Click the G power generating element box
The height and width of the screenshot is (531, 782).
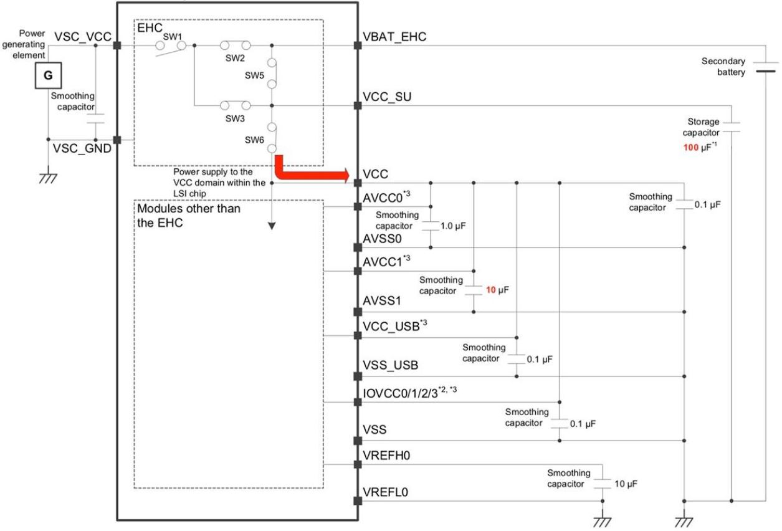49,77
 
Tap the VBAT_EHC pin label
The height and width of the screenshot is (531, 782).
394,37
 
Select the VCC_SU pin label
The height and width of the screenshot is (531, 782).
386,97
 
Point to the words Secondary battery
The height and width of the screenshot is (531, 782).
723,67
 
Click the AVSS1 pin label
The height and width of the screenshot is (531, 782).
381,300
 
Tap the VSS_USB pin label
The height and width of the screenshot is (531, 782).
390,365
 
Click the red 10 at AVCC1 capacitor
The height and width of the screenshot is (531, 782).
490,290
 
